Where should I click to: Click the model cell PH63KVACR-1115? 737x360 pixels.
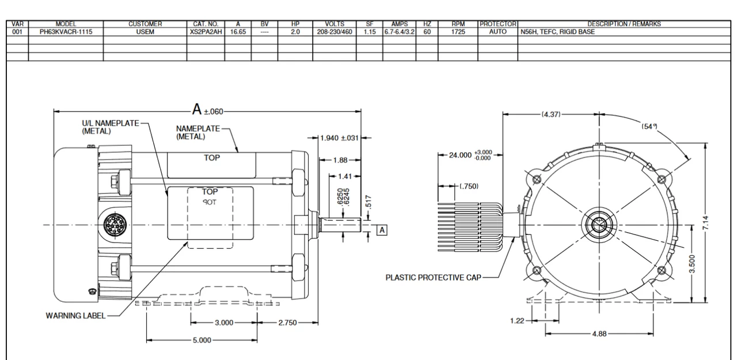tap(66, 32)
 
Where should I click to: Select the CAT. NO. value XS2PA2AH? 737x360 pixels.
tap(206, 32)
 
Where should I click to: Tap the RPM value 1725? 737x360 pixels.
tap(458, 32)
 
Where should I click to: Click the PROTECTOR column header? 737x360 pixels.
tap(498, 24)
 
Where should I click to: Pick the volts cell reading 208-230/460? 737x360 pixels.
tap(335, 32)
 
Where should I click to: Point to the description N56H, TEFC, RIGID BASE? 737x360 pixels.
tap(558, 32)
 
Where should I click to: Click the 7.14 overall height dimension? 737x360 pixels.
tap(705, 223)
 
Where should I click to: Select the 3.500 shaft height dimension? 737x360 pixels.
tap(692, 264)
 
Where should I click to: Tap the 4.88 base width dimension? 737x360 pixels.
tap(599, 334)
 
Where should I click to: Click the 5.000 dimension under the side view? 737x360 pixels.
tap(202, 340)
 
